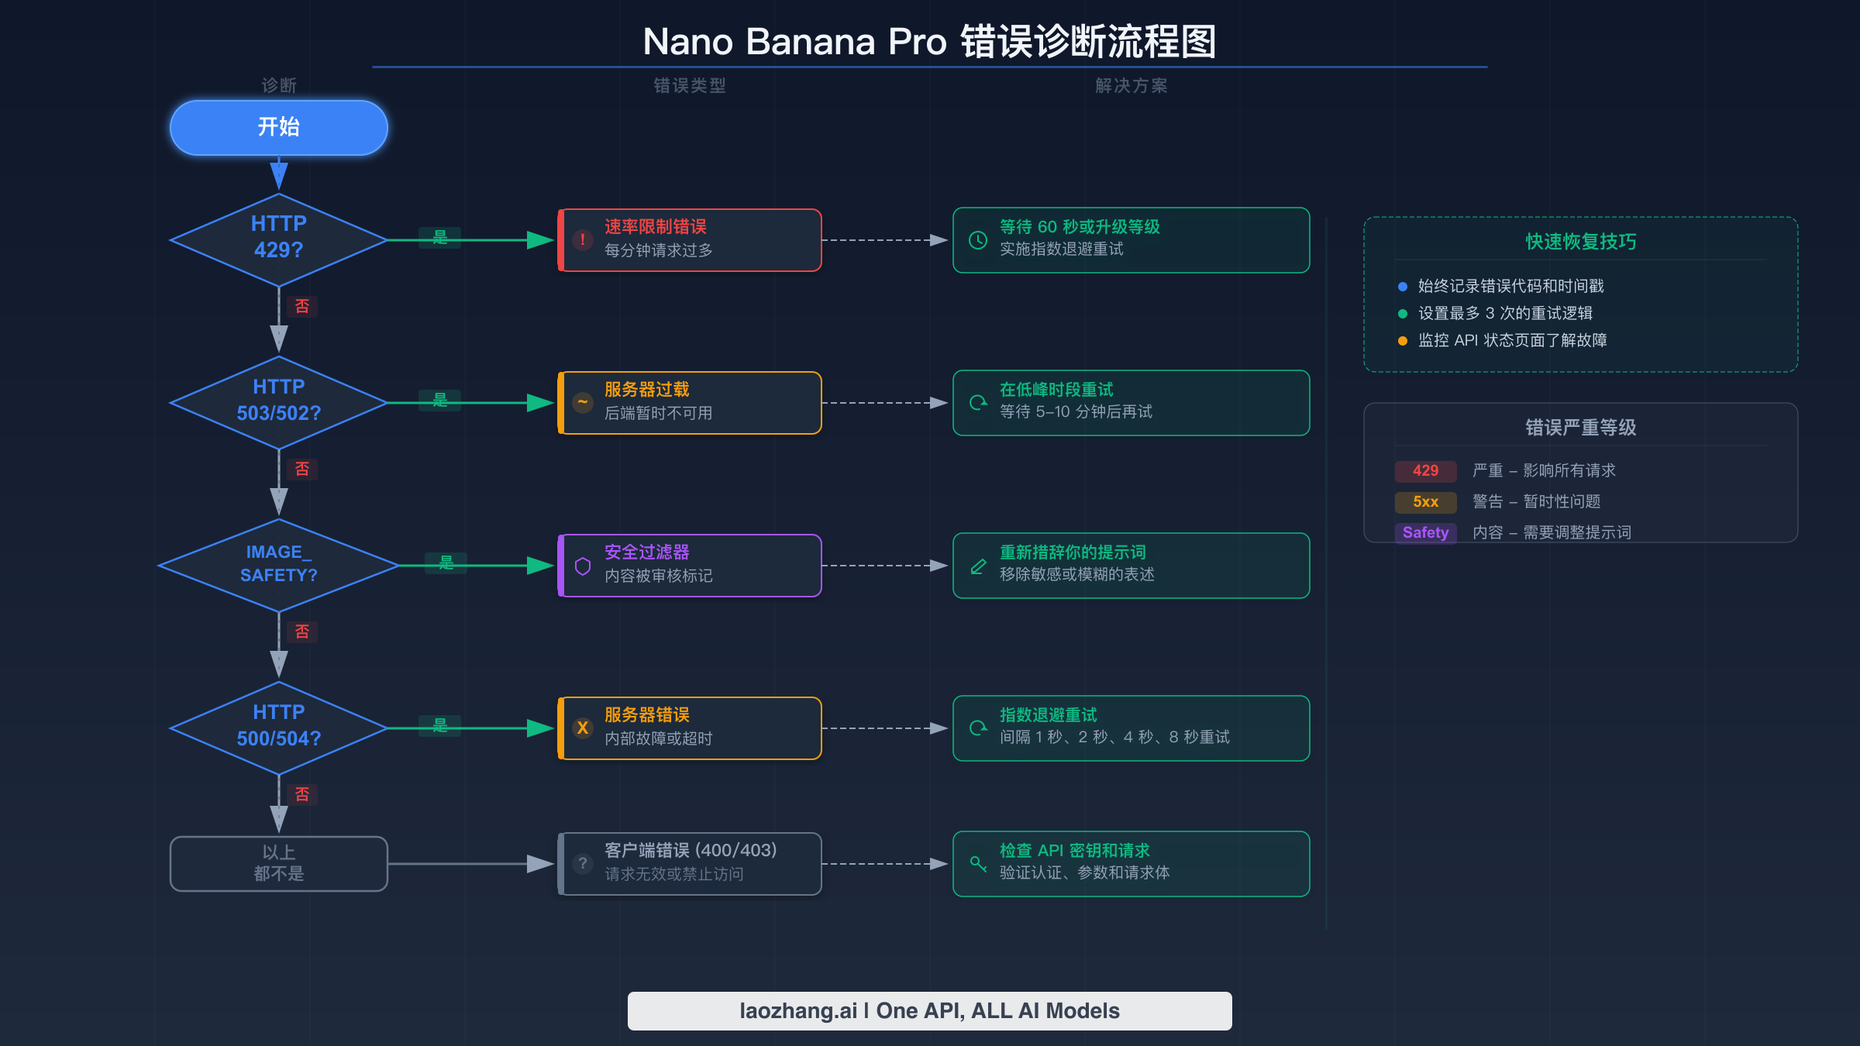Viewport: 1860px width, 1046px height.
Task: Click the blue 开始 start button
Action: coord(279,127)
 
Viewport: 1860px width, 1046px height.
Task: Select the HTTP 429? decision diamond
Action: coord(279,238)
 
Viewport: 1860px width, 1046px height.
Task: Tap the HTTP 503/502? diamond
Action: coord(279,401)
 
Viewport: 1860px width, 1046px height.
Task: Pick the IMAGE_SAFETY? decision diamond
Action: coord(279,564)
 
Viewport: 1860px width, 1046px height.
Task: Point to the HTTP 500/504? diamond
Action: coord(279,726)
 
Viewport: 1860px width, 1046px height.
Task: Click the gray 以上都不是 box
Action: coord(279,863)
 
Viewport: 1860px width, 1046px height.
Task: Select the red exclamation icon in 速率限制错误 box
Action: coord(583,239)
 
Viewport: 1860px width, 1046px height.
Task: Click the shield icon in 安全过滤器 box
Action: coord(583,566)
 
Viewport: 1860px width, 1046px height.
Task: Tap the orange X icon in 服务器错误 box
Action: coord(583,728)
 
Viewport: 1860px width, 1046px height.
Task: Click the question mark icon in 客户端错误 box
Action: coord(583,863)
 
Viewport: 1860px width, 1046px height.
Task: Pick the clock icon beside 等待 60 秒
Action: coord(978,240)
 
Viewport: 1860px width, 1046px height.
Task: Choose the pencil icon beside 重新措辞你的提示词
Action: coord(978,566)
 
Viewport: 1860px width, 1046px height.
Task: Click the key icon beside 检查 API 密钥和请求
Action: coord(978,863)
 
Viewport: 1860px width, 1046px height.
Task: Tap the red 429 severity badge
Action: coord(1425,471)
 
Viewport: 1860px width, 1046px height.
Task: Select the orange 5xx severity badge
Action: coord(1425,502)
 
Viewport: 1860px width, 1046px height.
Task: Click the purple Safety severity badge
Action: coord(1425,533)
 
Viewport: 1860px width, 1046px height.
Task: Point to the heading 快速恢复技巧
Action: coord(1580,242)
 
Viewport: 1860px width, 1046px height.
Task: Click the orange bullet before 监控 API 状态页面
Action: coord(1402,341)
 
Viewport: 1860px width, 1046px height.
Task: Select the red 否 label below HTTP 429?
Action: coord(302,306)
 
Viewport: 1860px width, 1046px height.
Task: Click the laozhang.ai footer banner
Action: coord(929,1010)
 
